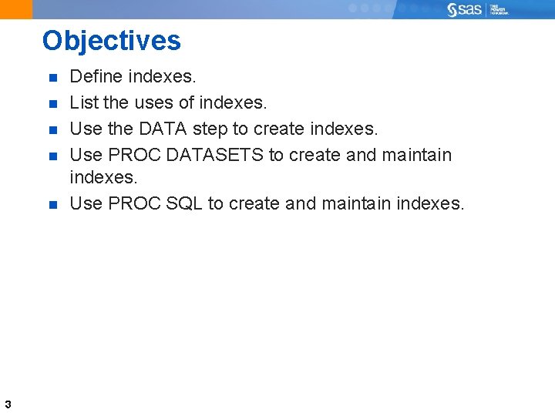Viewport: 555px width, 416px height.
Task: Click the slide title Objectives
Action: [x=112, y=41]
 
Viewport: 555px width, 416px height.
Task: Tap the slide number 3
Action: [x=7, y=404]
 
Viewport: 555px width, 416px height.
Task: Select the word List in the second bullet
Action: [x=81, y=102]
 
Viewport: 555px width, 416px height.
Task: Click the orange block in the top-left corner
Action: [x=16, y=9]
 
